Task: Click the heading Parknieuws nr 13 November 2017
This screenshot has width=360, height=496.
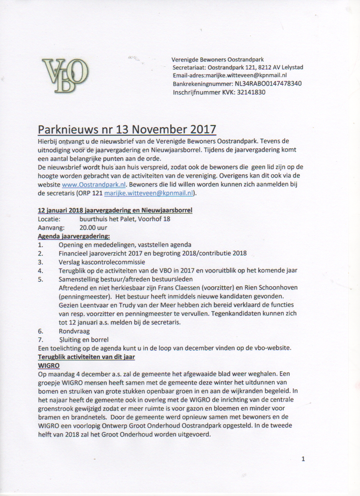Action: coord(127,129)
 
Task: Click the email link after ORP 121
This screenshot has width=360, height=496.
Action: coord(148,193)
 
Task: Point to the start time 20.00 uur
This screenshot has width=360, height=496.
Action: coord(93,227)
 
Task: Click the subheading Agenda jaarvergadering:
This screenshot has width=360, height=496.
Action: coord(74,236)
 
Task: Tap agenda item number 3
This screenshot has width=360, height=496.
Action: coord(40,262)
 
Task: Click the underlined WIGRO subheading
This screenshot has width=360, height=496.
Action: coord(49,365)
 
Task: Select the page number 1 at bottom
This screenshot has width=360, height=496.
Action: coord(303,459)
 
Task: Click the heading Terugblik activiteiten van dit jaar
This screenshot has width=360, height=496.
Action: coord(86,357)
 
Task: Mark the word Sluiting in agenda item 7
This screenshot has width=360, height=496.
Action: coord(71,339)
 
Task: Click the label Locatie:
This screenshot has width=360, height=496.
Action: coord(49,219)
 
